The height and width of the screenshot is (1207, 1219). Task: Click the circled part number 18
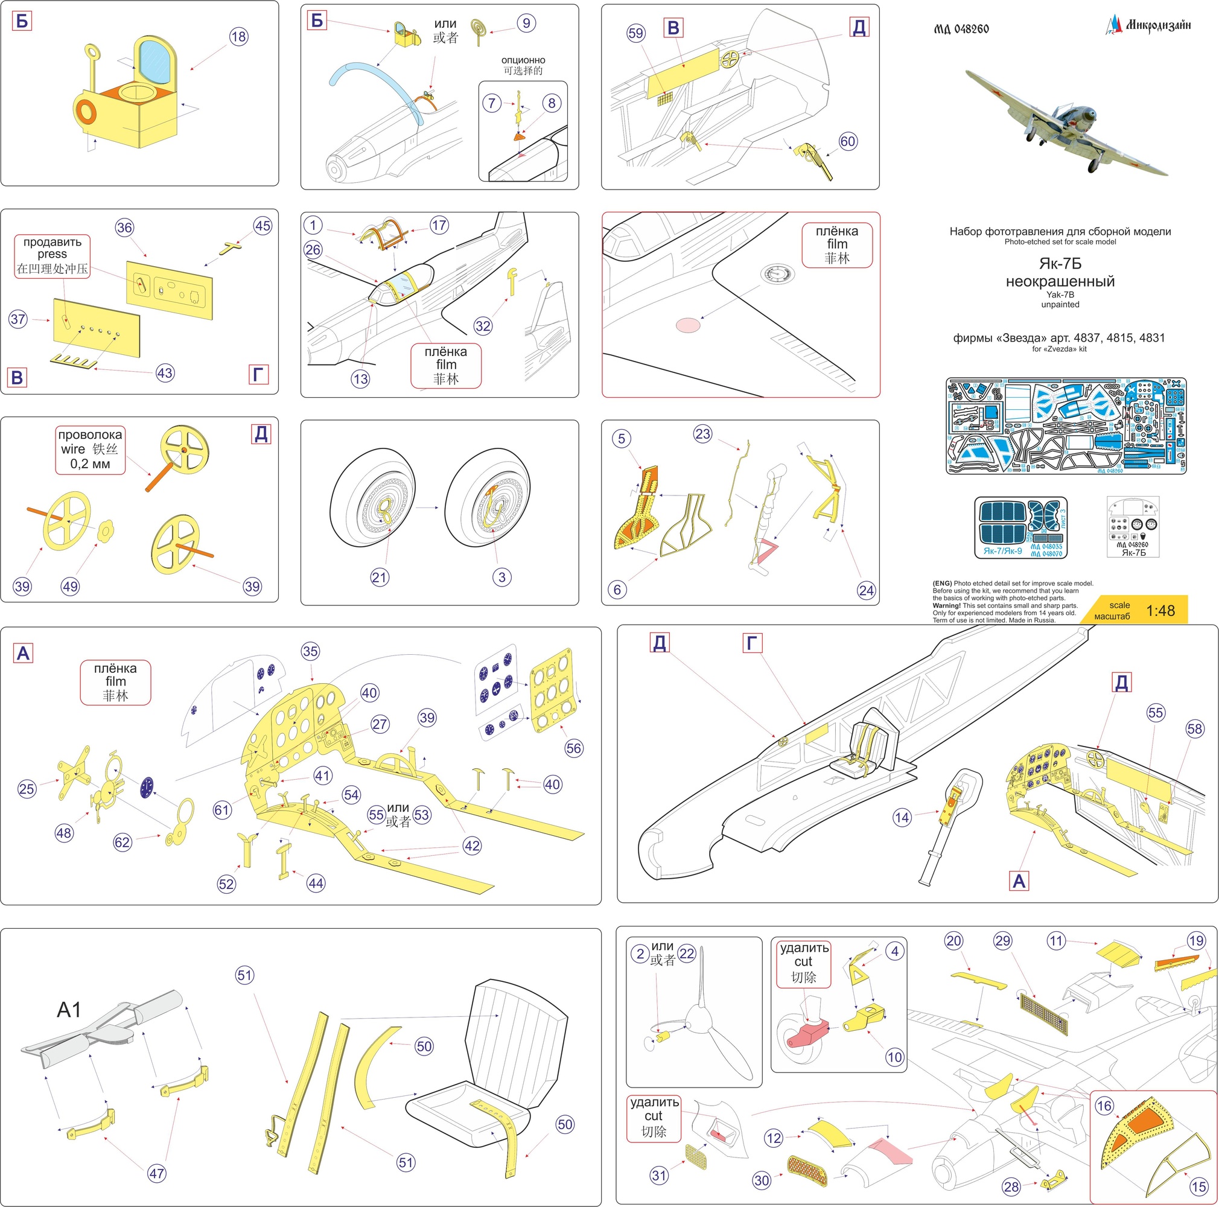238,37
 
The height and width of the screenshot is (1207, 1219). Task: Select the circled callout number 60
847,141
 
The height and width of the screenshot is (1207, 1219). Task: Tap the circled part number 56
573,748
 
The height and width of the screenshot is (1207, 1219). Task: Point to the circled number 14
902,818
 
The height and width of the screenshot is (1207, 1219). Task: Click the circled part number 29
1002,941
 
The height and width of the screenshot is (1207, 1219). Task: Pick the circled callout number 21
379,577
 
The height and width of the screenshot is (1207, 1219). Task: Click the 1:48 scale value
1160,611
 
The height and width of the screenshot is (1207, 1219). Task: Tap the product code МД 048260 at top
961,29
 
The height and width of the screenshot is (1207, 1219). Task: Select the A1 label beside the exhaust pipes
69,1010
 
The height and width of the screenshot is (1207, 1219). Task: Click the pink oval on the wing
688,325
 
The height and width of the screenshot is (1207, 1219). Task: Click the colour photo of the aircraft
1066,121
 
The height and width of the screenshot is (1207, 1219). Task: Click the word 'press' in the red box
52,254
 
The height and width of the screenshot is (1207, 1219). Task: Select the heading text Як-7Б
1060,264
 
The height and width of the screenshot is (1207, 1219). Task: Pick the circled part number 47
156,1173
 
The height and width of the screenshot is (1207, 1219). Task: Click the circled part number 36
124,228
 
